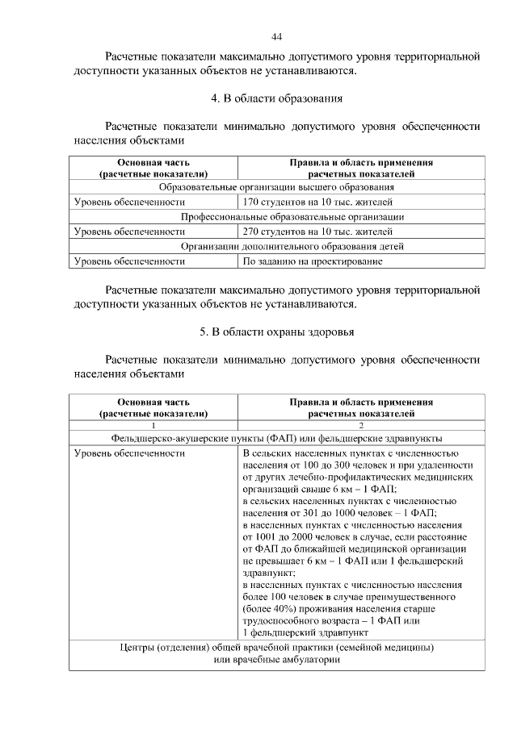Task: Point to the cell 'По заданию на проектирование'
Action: click(312, 261)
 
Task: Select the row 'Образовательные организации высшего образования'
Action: click(277, 188)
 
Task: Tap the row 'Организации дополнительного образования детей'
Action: click(277, 247)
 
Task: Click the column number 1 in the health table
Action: click(153, 425)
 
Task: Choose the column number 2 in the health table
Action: click(361, 425)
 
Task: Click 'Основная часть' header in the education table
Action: click(153, 162)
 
